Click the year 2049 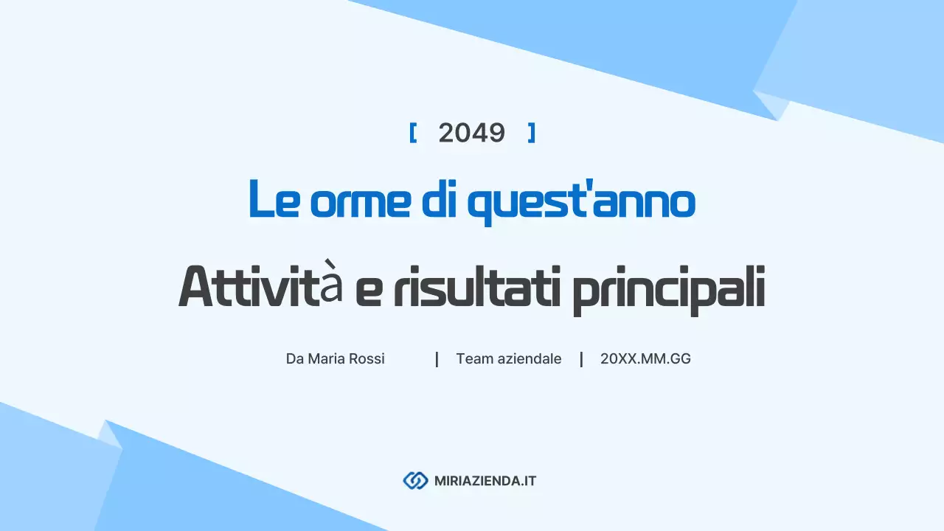tap(471, 133)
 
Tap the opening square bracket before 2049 tap(413, 133)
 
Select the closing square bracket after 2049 tap(531, 133)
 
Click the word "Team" tap(472, 359)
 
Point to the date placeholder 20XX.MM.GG tap(645, 359)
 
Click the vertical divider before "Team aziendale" tap(437, 359)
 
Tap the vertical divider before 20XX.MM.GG tap(581, 359)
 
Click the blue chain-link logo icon tap(415, 481)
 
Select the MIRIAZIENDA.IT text tap(485, 481)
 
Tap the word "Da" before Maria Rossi tap(294, 359)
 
